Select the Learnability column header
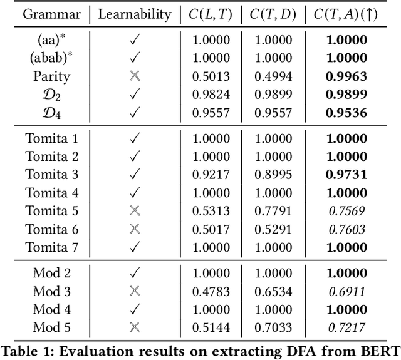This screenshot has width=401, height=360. click(134, 13)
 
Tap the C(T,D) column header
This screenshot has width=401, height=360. click(271, 13)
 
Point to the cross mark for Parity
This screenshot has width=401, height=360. click(134, 76)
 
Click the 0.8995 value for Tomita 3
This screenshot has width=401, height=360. click(271, 175)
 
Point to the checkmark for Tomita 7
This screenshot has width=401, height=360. click(134, 247)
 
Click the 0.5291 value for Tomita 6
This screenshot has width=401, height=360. click(271, 229)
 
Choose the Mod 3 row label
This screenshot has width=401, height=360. click(53, 291)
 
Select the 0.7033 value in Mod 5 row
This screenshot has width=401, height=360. click(271, 327)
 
